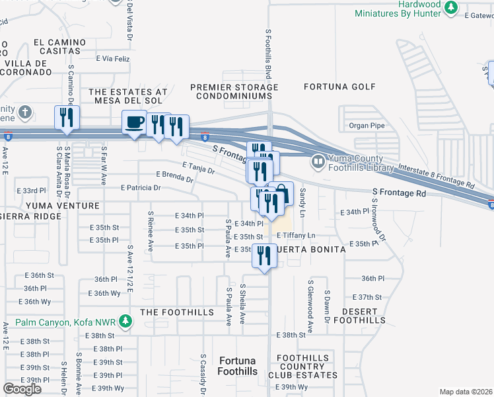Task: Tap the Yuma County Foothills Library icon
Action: pyautogui.click(x=318, y=161)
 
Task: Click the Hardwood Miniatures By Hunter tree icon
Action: pyautogui.click(x=451, y=8)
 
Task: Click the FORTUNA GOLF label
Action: pyautogui.click(x=339, y=87)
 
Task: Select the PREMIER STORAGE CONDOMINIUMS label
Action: pyautogui.click(x=234, y=92)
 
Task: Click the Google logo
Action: pyautogui.click(x=22, y=389)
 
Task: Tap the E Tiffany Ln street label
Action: pyautogui.click(x=297, y=235)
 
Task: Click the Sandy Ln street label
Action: pyautogui.click(x=303, y=202)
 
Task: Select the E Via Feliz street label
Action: pyautogui.click(x=112, y=59)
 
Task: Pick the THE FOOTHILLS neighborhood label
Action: pyautogui.click(x=178, y=312)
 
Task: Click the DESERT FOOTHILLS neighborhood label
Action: pyautogui.click(x=359, y=316)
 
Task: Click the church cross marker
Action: pyautogui.click(x=25, y=110)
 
